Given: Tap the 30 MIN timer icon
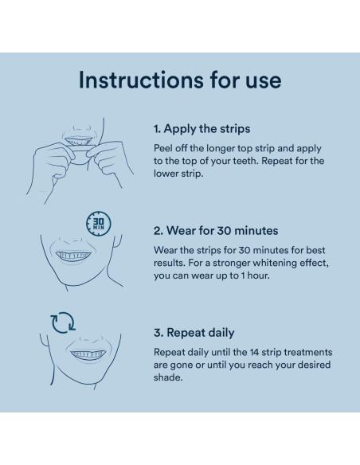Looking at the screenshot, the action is [x=99, y=223].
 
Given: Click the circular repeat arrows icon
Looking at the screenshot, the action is [x=63, y=322].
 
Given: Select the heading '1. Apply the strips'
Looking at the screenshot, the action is [x=202, y=129].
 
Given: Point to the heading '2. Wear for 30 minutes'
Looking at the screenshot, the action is [x=216, y=230].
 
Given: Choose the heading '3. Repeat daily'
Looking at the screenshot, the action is [x=194, y=333].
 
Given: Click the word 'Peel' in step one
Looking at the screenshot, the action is [x=162, y=148].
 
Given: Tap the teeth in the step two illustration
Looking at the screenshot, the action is [x=73, y=255].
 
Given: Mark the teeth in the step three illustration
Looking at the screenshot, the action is [x=88, y=354].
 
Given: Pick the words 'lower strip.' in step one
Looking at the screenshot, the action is [x=178, y=174].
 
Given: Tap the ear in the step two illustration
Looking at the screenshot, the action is [x=117, y=240].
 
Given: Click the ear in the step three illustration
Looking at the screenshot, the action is [x=44, y=339].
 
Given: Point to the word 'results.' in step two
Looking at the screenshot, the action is [x=170, y=263].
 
